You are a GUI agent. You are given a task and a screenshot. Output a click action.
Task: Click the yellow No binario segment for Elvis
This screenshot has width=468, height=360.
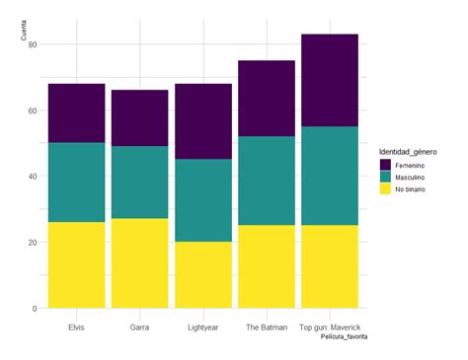pyautogui.click(x=77, y=264)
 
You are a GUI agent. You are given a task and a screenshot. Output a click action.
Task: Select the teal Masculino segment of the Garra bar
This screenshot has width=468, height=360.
pyautogui.click(x=139, y=182)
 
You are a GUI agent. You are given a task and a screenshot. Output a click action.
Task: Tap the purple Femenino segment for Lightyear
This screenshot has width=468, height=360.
pyautogui.click(x=202, y=121)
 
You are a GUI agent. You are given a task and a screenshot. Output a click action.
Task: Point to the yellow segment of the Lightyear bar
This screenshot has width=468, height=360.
pyautogui.click(x=202, y=274)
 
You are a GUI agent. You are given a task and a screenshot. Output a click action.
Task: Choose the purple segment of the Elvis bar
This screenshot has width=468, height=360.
pyautogui.click(x=77, y=113)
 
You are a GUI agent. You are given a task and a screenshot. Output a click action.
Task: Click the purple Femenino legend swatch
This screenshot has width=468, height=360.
pyautogui.click(x=385, y=166)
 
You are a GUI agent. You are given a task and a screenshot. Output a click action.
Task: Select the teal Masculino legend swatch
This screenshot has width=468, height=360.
pyautogui.click(x=385, y=179)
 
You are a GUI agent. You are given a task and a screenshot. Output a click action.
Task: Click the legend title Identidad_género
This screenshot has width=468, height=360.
pyautogui.click(x=416, y=151)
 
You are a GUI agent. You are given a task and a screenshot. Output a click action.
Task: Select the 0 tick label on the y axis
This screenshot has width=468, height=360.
pyautogui.click(x=35, y=309)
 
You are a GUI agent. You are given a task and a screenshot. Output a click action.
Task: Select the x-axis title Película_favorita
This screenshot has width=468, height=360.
pyautogui.click(x=343, y=336)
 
